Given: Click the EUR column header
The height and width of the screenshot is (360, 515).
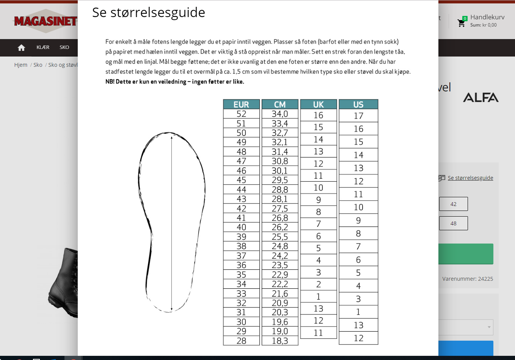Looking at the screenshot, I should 241,104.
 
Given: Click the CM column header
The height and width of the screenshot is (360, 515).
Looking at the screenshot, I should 280,104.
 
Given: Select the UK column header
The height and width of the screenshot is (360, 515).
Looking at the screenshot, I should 319,104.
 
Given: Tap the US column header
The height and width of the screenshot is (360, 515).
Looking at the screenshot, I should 358,104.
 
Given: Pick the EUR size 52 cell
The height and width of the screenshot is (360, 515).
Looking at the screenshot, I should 241,114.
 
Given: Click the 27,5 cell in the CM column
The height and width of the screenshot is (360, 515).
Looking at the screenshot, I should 280,208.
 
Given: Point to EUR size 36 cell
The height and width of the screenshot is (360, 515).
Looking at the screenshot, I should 241,265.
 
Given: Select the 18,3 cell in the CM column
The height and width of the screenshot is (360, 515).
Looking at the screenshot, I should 280,341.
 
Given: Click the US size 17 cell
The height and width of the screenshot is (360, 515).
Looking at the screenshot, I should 358,116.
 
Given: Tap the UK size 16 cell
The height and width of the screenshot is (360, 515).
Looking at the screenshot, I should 319,115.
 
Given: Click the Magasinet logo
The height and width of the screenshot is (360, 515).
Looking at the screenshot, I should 46,21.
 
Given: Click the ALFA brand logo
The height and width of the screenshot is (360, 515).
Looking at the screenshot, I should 480,97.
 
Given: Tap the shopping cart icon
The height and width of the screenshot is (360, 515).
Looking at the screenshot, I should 462,23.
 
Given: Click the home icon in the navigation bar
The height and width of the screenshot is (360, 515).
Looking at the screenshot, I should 21,47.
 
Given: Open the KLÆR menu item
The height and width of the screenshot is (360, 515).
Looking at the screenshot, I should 43,47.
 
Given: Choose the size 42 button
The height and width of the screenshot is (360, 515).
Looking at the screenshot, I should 453,204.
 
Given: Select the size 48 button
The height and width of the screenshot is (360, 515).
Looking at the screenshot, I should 453,223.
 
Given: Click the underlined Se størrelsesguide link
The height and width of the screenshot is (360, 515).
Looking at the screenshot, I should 470,178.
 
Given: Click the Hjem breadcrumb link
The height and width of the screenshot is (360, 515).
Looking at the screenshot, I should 21,65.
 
